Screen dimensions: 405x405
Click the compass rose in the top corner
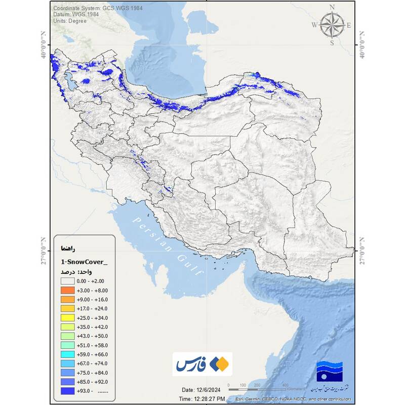(x=332, y=25)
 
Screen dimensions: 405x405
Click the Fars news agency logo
(x=202, y=364)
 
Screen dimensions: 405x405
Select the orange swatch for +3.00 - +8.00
(x=67, y=290)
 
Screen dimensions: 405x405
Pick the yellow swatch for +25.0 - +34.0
(x=67, y=317)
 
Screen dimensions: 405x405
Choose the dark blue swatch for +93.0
(x=67, y=390)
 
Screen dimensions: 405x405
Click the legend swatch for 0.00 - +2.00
(x=67, y=281)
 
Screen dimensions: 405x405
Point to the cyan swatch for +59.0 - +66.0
(x=67, y=354)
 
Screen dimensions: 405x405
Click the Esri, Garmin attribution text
(x=291, y=399)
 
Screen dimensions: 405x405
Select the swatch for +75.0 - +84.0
(x=67, y=372)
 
